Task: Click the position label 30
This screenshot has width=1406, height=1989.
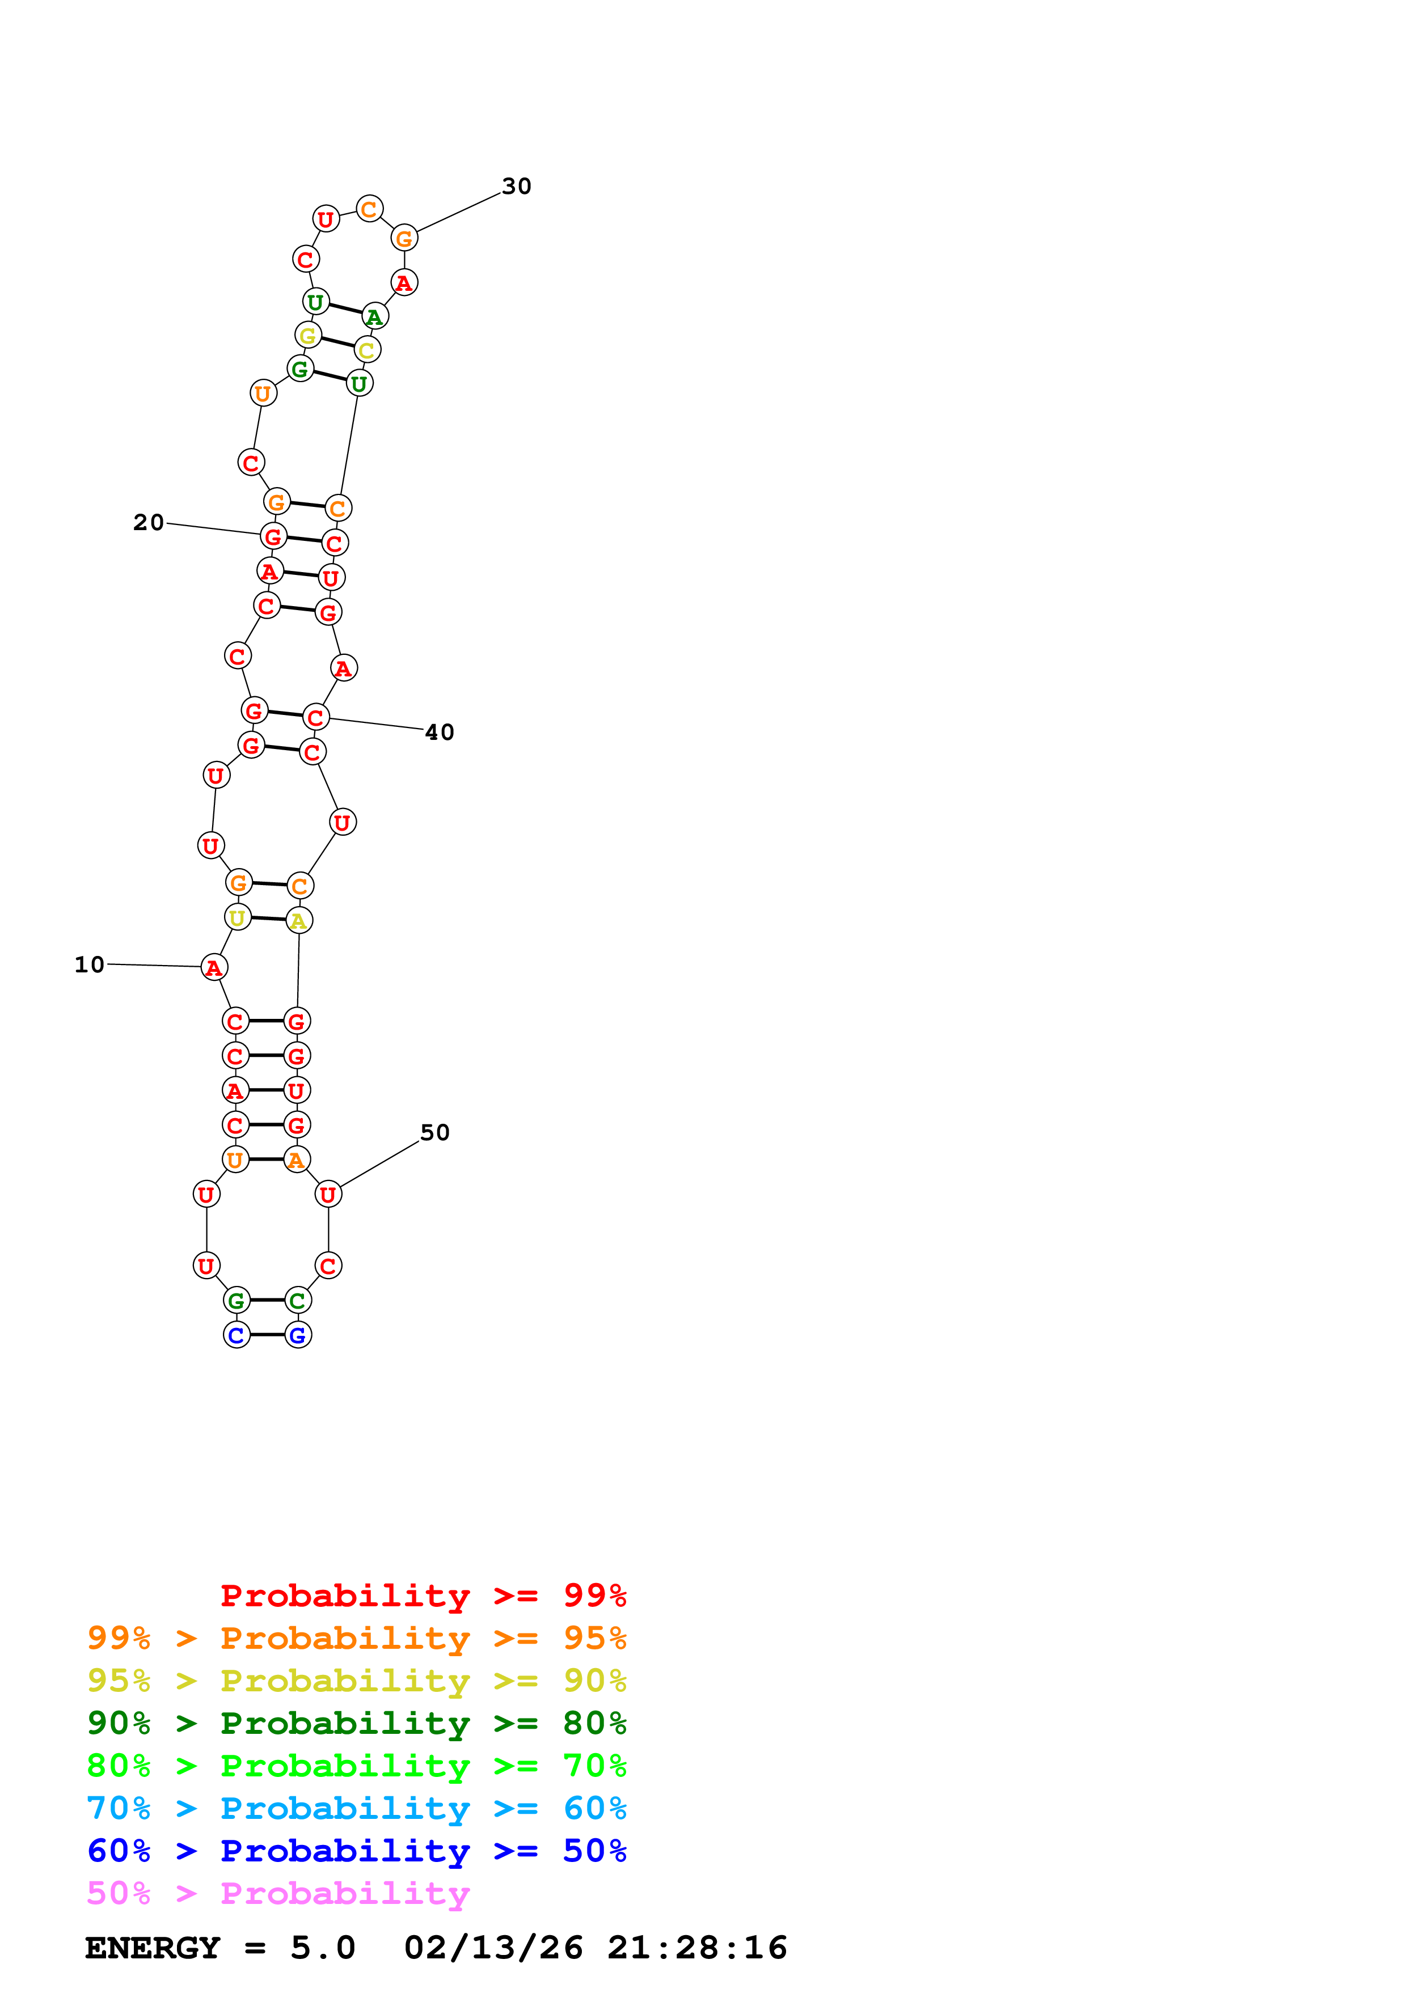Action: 516,186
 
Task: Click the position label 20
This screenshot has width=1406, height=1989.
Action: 148,522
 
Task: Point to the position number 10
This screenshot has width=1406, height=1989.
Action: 89,964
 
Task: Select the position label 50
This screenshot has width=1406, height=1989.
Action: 435,1132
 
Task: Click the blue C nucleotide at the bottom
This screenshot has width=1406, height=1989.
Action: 237,1335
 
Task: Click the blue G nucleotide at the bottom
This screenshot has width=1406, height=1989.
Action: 298,1335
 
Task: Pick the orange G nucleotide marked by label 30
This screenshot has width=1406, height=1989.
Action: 404,238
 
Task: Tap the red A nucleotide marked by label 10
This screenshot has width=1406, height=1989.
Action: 214,968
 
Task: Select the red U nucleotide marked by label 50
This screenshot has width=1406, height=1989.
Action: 328,1195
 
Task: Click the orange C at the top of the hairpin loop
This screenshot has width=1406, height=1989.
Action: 370,209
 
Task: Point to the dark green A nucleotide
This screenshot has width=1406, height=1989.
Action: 375,316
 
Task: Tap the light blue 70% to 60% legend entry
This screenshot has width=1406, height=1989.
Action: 356,1808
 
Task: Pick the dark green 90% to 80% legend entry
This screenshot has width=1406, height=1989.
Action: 356,1723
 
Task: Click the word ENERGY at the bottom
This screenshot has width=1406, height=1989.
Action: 153,1948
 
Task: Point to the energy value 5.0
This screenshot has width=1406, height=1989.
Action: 322,1948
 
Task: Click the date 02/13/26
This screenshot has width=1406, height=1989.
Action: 493,1948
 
